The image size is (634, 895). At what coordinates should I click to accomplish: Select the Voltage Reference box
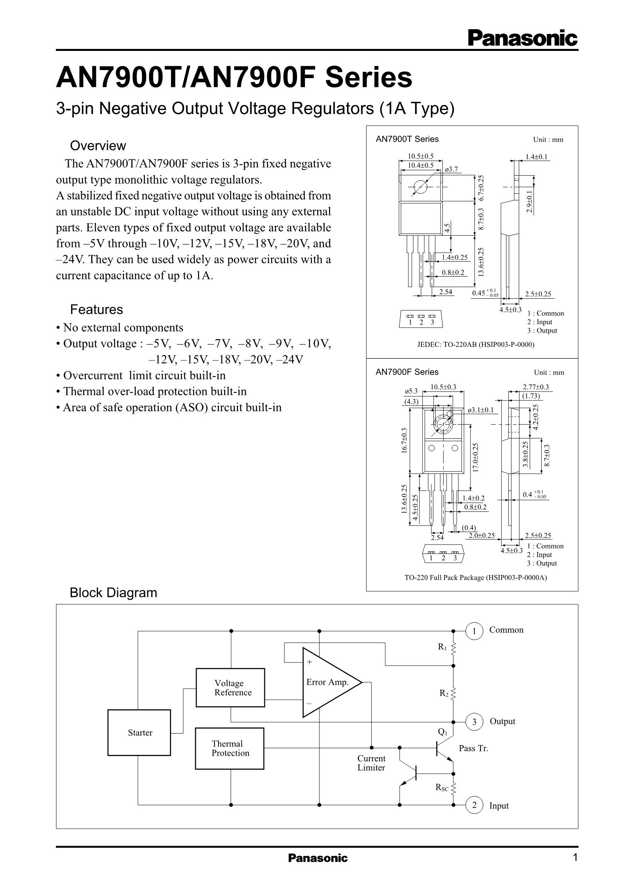(230, 687)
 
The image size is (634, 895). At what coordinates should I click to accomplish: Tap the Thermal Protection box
(230, 749)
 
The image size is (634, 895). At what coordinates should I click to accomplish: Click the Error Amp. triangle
(332, 682)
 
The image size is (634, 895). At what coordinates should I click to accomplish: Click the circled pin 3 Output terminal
(474, 722)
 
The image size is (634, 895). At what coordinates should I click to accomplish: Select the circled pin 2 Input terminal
(474, 805)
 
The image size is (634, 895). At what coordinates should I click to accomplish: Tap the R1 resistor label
(442, 647)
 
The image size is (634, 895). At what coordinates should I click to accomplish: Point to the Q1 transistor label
(442, 732)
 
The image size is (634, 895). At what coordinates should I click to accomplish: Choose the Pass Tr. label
(474, 748)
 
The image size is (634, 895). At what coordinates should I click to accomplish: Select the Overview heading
(98, 146)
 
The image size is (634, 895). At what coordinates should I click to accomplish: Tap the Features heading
(96, 309)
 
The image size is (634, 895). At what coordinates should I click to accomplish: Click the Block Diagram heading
(113, 592)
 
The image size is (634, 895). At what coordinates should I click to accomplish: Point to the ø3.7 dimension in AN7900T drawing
(451, 169)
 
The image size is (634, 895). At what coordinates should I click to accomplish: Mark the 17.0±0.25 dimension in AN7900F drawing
(476, 457)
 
